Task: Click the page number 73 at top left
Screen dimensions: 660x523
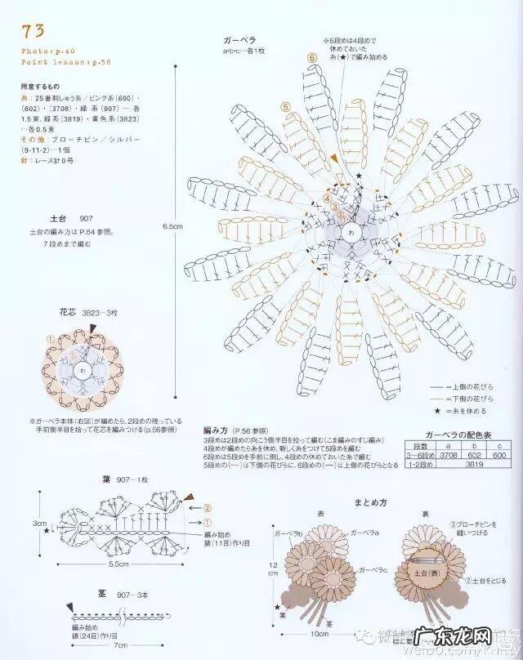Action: point(34,32)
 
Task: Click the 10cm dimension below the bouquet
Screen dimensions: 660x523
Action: point(320,632)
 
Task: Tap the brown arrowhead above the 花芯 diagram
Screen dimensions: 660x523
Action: point(95,328)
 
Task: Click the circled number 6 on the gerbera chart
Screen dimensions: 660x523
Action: point(311,58)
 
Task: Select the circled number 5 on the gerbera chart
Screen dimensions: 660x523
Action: point(284,106)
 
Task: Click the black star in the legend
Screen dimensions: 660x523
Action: point(439,411)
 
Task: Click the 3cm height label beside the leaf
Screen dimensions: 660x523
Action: point(37,521)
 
